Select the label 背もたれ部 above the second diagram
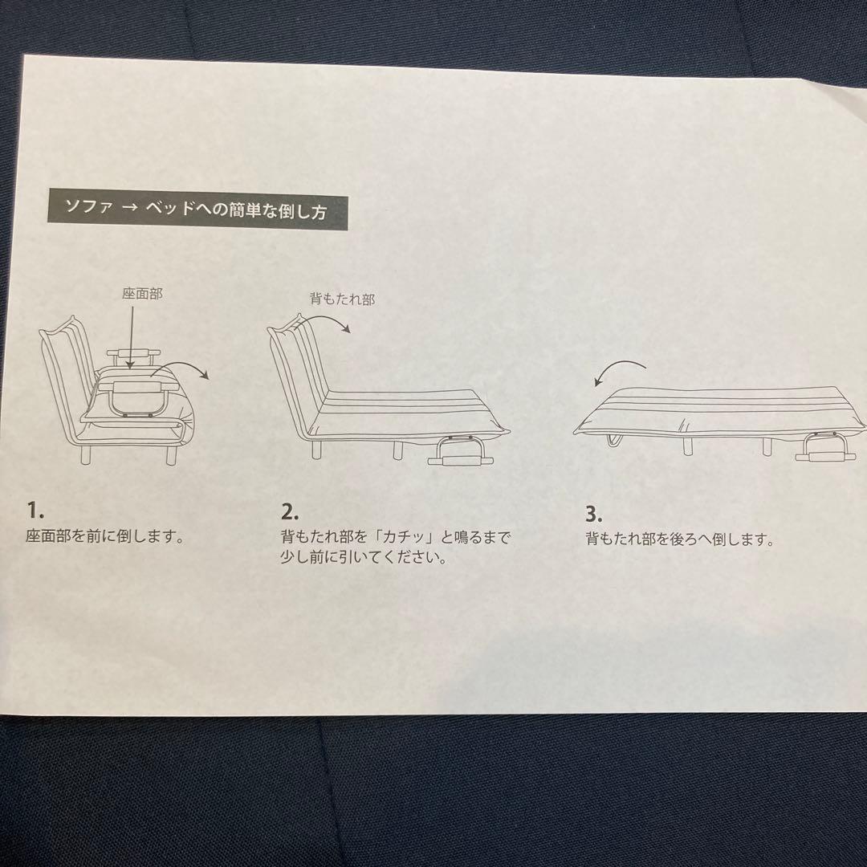pyautogui.click(x=343, y=299)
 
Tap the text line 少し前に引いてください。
pyautogui.click(x=364, y=558)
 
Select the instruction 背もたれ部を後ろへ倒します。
pyautogui.click(x=679, y=539)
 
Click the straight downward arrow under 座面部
pyautogui.click(x=130, y=337)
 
